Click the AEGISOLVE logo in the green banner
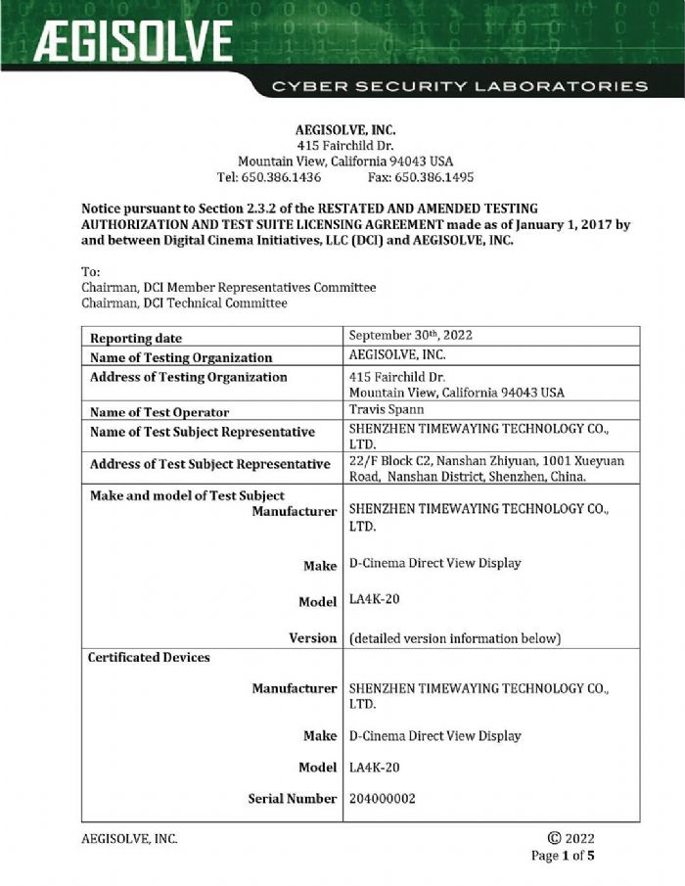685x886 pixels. (134, 42)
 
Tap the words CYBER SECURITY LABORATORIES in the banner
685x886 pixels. (460, 86)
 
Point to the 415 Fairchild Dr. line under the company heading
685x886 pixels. (344, 145)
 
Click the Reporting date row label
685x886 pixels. (136, 339)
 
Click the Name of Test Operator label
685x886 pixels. (160, 413)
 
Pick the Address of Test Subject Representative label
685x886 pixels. (208, 464)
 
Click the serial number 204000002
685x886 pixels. (383, 799)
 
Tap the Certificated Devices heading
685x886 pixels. (150, 657)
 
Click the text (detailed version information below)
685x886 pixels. (454, 638)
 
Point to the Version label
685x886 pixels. (312, 638)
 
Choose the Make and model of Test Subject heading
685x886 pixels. (187, 495)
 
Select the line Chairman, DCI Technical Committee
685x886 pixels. (184, 303)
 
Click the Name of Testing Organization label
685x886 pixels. (181, 358)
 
